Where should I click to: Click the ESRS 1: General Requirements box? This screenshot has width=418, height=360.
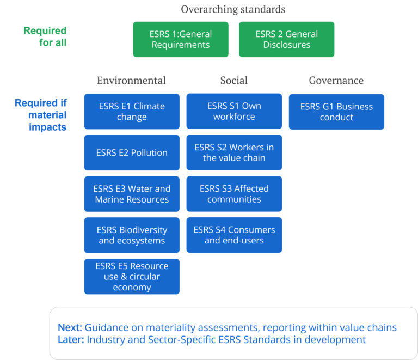(x=181, y=39)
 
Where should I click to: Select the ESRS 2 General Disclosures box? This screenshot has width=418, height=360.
(x=286, y=39)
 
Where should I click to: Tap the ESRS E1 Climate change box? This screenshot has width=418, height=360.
(x=132, y=112)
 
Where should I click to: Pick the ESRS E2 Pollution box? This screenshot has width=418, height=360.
(x=132, y=153)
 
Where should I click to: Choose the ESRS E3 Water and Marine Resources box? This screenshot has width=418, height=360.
(x=132, y=194)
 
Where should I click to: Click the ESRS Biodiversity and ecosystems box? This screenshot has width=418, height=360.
(x=132, y=235)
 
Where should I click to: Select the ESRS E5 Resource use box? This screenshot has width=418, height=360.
(x=132, y=276)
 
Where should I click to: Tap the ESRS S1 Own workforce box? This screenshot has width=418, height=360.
(x=234, y=112)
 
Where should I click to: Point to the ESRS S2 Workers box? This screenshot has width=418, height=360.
(x=234, y=153)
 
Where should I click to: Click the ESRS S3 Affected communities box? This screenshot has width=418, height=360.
(x=234, y=194)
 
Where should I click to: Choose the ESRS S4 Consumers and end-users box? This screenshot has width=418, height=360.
(x=234, y=235)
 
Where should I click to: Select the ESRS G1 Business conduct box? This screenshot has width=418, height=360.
(x=336, y=112)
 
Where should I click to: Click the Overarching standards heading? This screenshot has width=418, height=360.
(x=233, y=9)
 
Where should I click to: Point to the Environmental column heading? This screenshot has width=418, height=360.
(x=131, y=81)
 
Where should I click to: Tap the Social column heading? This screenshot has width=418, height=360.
(x=234, y=81)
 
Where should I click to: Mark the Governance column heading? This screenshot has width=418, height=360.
(x=336, y=81)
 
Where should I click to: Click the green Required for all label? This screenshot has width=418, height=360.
(x=45, y=36)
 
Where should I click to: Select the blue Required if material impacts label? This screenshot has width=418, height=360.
(x=41, y=115)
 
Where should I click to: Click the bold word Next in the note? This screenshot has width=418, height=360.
(x=70, y=328)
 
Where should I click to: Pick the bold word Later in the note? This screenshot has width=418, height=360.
(x=70, y=340)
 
